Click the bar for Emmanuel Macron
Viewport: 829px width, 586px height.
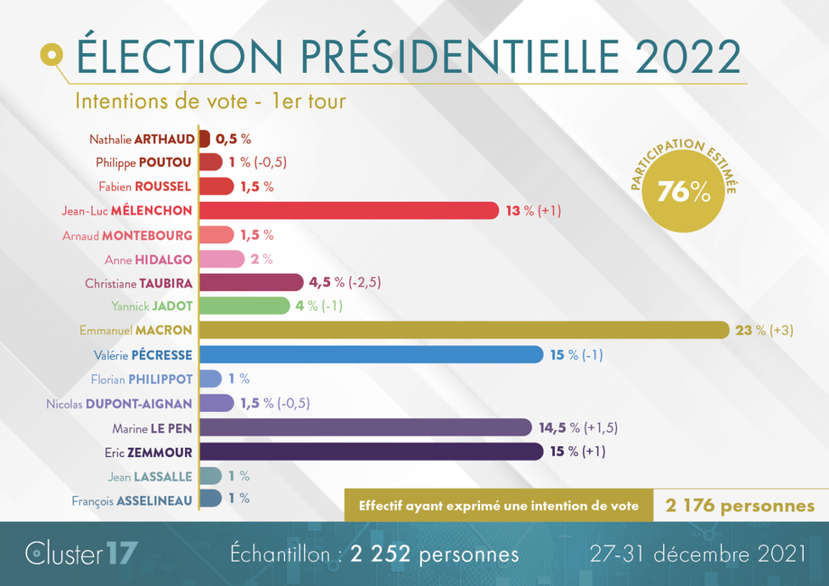click(463, 330)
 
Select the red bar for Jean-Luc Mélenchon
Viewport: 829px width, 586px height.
click(348, 210)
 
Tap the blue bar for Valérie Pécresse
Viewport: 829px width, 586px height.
click(370, 354)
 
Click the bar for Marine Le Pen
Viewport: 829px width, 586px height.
click(364, 427)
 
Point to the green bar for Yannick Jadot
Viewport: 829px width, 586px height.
click(244, 307)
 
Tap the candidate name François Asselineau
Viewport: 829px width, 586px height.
click(132, 499)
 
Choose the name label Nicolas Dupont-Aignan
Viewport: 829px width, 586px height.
click(119, 403)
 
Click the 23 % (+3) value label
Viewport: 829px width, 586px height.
click(764, 331)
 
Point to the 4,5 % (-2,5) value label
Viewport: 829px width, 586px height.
click(345, 282)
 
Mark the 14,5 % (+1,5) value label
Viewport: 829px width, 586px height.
click(577, 427)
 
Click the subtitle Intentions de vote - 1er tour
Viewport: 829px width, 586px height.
click(210, 101)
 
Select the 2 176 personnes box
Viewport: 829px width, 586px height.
click(740, 506)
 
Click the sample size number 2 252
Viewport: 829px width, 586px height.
click(378, 553)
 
